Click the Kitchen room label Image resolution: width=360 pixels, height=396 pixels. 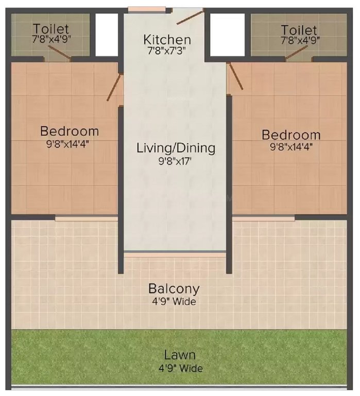[167, 39]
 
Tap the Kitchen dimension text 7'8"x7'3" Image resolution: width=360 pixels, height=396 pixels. [167, 51]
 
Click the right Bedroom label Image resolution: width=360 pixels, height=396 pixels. [291, 135]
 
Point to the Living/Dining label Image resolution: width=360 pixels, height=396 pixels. [176, 148]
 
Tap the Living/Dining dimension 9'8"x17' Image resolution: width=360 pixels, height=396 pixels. [176, 160]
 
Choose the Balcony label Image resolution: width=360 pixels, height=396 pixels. [174, 288]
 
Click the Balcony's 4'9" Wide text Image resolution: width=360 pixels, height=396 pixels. [174, 301]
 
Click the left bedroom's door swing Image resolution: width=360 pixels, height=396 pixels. [115, 87]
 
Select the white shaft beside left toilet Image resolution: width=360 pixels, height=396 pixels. [107, 33]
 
